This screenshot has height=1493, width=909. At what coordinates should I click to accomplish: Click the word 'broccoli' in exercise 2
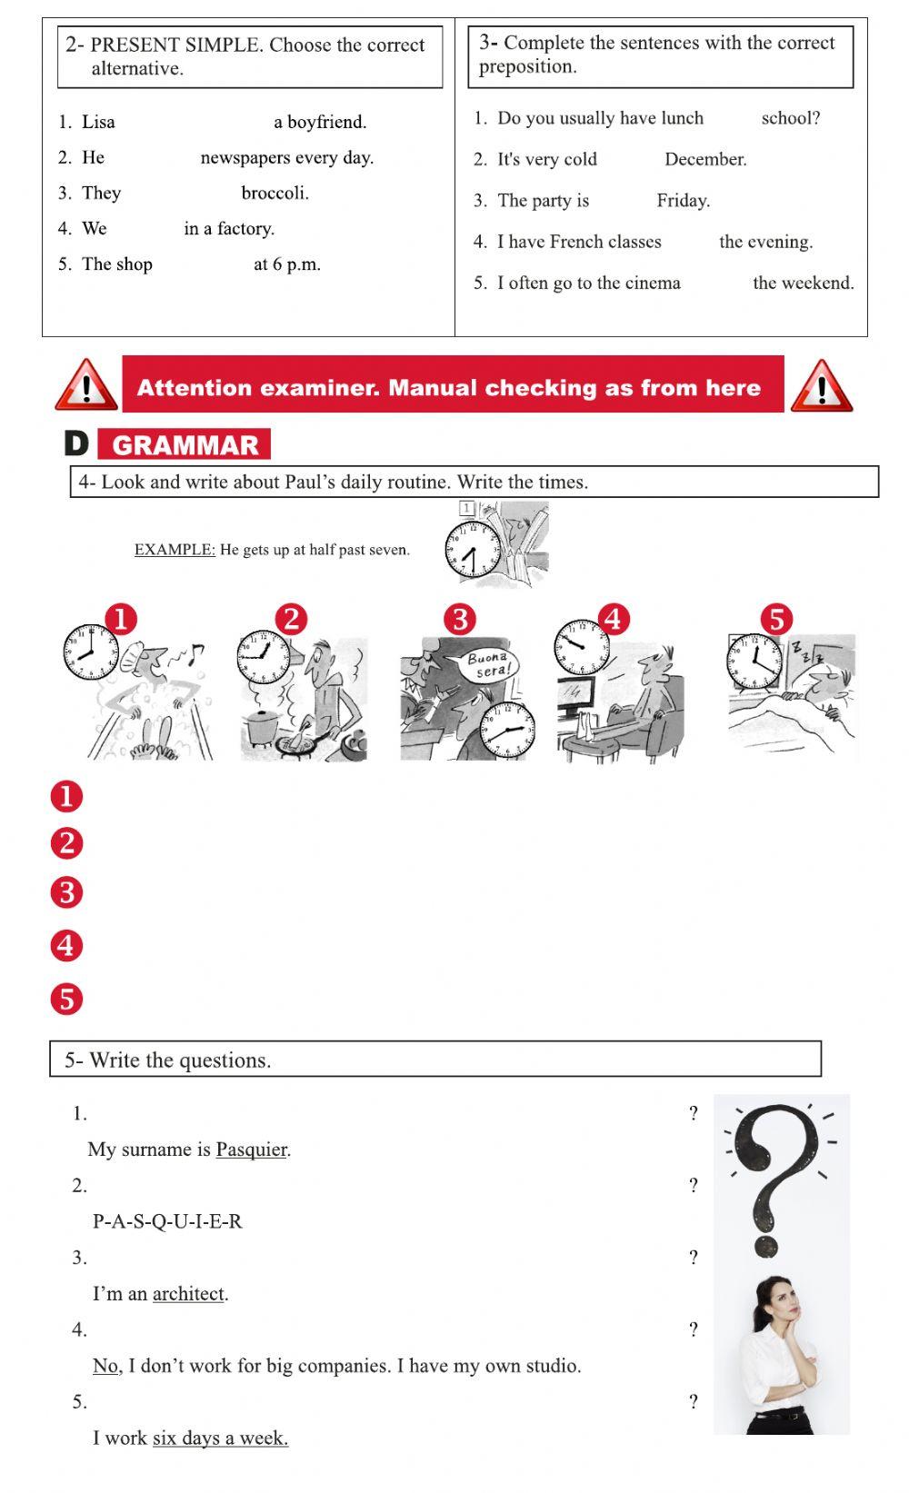click(x=274, y=193)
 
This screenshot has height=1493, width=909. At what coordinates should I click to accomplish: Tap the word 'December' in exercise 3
click(x=704, y=159)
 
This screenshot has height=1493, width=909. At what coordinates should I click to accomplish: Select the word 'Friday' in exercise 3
click(x=682, y=201)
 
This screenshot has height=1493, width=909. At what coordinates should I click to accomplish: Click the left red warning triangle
click(x=86, y=387)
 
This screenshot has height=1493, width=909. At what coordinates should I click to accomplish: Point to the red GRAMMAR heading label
click(x=185, y=444)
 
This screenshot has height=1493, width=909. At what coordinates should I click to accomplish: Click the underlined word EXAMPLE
click(x=175, y=550)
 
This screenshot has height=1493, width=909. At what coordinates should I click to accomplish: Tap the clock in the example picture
click(x=471, y=551)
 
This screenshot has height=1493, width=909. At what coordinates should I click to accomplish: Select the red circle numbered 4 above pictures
click(x=613, y=620)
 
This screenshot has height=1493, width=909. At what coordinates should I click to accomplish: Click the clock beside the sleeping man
click(x=754, y=661)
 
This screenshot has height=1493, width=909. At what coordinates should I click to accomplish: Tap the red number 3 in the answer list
click(x=66, y=892)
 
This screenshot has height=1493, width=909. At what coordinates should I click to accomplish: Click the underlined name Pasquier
click(x=251, y=1150)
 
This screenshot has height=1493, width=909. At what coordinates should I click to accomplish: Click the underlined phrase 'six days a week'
click(x=220, y=1438)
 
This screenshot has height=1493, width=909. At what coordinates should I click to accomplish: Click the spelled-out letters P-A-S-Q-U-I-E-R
click(x=167, y=1221)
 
